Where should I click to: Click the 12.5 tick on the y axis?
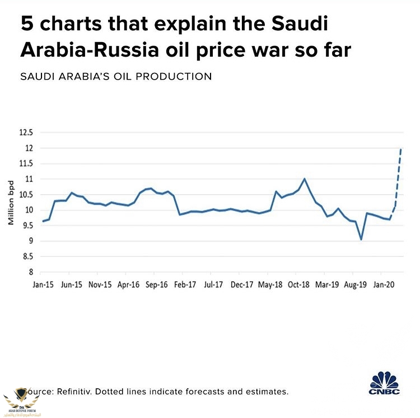(x=27, y=133)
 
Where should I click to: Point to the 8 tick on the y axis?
(x=30, y=272)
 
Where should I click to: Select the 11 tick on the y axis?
(x=29, y=179)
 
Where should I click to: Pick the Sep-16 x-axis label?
(x=157, y=285)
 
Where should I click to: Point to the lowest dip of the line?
(x=361, y=239)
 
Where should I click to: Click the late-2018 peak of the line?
(x=304, y=179)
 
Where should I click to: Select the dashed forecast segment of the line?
(x=398, y=180)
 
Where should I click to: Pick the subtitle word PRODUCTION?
(x=178, y=76)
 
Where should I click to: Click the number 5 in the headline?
(x=26, y=25)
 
